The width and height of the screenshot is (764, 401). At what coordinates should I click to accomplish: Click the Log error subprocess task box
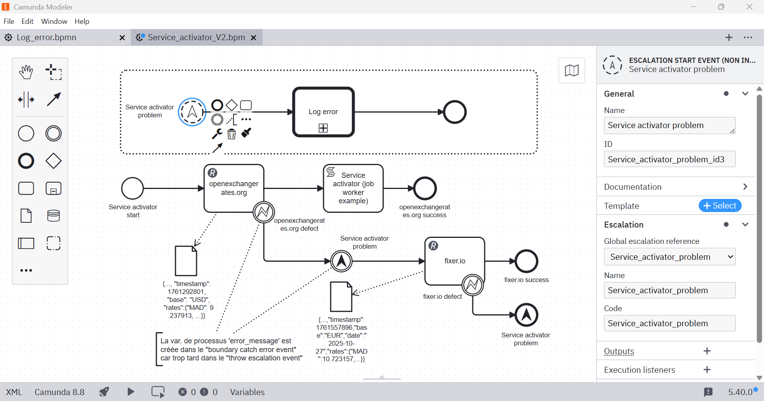pos(323,112)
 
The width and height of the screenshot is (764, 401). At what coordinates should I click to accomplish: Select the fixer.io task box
pos(455,261)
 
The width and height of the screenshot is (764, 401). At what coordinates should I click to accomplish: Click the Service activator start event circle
pos(133,188)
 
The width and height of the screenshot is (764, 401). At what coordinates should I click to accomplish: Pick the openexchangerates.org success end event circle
pos(425,188)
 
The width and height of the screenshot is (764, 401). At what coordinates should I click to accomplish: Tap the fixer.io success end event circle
pos(526,261)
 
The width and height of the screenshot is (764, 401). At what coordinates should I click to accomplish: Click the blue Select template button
pos(720,206)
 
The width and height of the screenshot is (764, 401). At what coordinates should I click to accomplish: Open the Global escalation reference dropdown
pos(670,257)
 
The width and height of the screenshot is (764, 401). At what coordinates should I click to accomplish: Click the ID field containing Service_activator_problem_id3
pos(670,159)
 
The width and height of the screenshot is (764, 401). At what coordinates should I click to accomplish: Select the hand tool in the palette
pos(26,72)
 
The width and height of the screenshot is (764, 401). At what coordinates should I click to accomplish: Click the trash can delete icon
pos(232,134)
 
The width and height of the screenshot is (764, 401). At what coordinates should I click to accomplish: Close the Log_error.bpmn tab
pos(122,37)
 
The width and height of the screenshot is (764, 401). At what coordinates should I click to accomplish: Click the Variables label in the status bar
pos(247,392)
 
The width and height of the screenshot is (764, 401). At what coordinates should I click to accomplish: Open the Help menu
pos(82,21)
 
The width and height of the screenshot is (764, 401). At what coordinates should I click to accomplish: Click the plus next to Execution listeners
pos(707,370)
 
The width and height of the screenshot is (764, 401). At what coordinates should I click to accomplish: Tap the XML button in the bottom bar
pos(14,392)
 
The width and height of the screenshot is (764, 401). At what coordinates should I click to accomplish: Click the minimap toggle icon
pos(572,70)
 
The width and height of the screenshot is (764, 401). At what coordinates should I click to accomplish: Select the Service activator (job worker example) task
pos(353,188)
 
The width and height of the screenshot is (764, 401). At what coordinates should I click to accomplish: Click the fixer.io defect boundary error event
pos(473,285)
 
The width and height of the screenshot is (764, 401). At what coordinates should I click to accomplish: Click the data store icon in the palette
pos(53,216)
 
